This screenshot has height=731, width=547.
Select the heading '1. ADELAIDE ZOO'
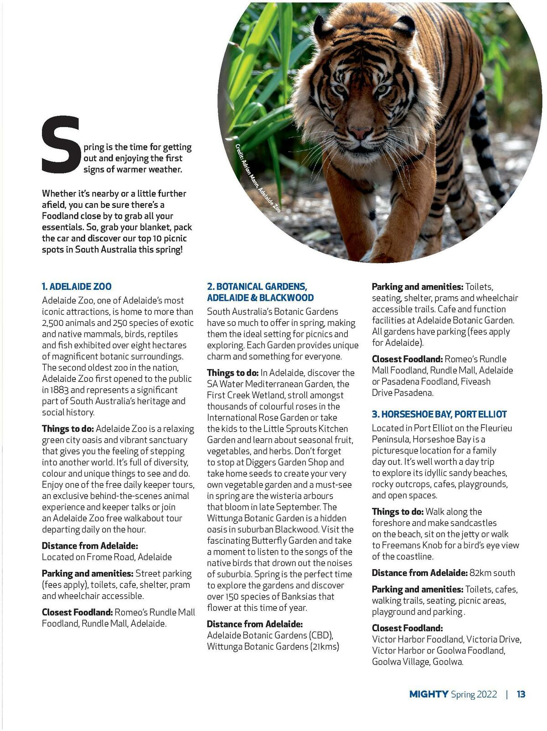(x=77, y=287)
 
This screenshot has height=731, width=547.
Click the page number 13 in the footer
(x=521, y=695)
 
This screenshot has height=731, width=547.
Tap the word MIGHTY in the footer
(x=428, y=695)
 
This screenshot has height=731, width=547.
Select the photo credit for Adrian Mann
(x=258, y=178)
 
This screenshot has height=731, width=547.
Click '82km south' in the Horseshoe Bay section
(x=493, y=573)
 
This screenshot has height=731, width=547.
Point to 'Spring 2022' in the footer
(x=474, y=695)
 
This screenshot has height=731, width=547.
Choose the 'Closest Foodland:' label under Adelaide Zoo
(x=77, y=612)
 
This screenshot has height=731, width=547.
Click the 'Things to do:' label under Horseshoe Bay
(x=397, y=511)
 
